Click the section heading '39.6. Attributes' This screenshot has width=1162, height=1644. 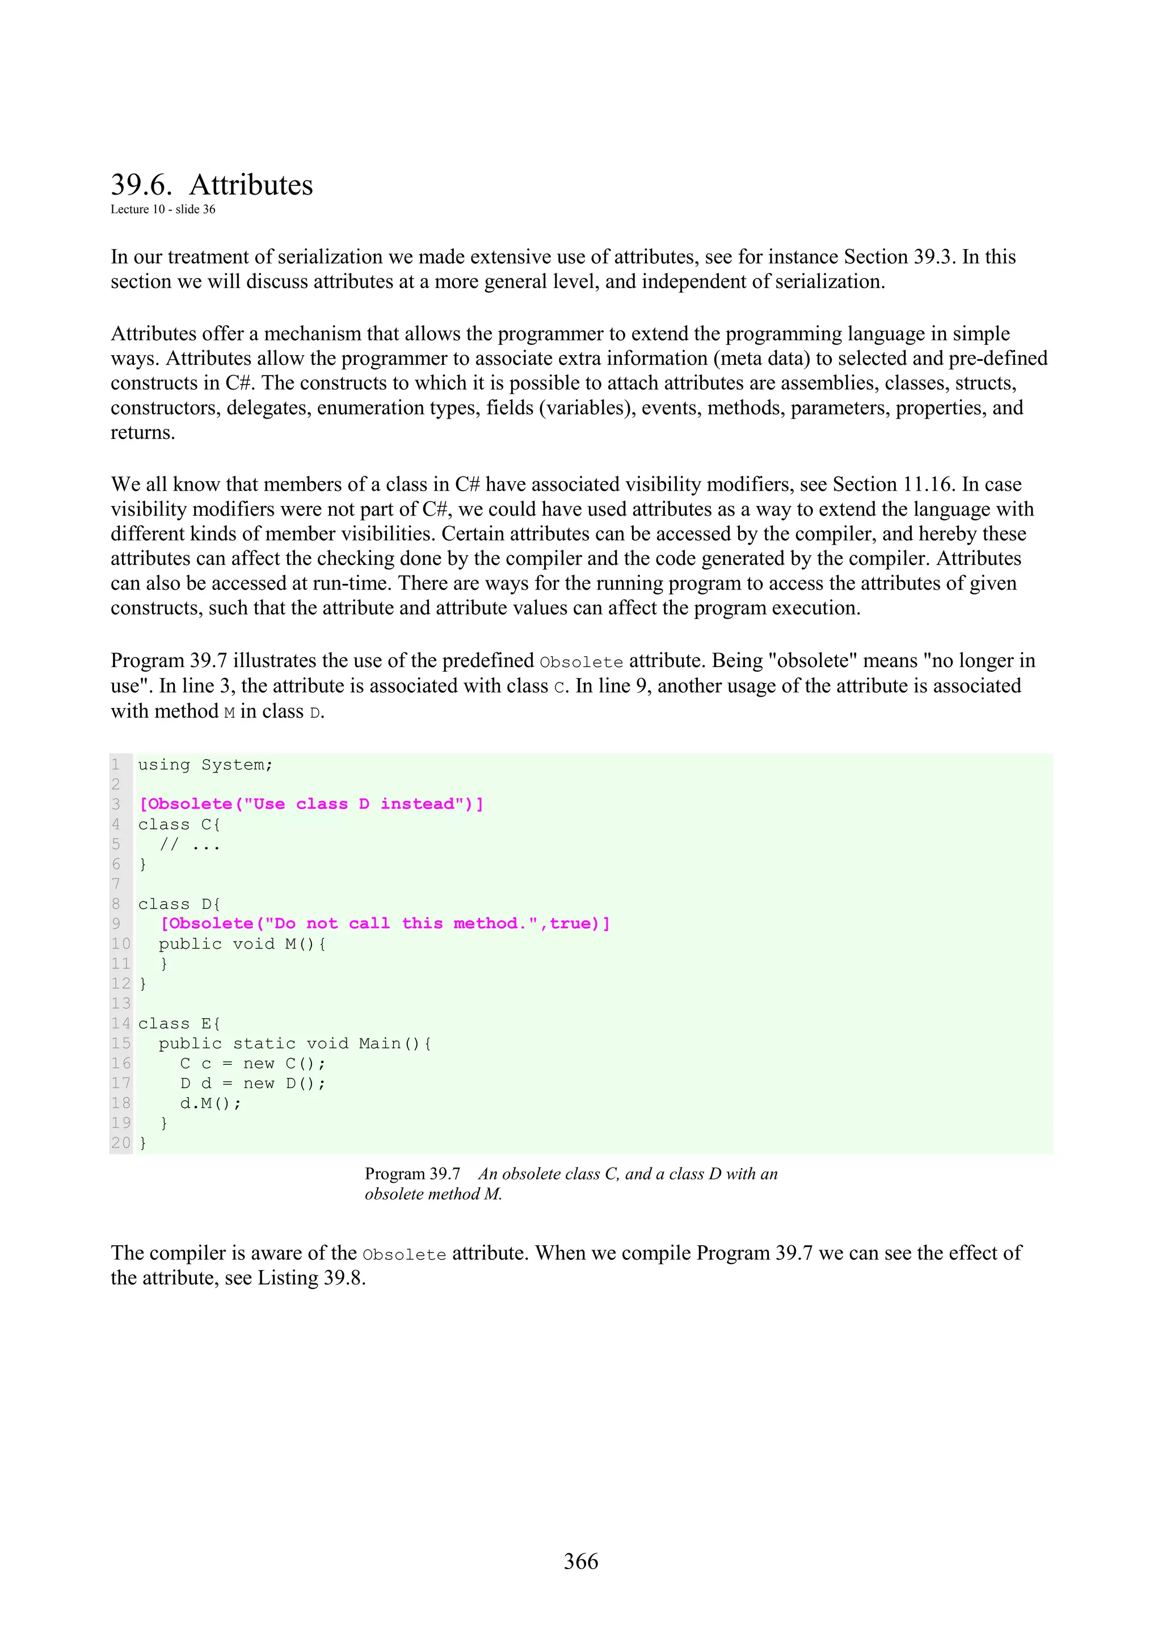tap(212, 185)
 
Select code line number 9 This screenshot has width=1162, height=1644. tap(116, 924)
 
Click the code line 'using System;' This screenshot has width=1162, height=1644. tap(205, 765)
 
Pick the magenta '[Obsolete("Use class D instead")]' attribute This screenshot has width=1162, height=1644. tap(311, 804)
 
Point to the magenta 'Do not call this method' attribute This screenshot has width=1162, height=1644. tap(385, 924)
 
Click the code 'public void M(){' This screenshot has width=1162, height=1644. tap(243, 944)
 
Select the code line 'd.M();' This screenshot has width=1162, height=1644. tap(210, 1103)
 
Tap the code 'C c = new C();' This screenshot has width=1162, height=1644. tap(252, 1063)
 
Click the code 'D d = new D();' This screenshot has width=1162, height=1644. tap(252, 1084)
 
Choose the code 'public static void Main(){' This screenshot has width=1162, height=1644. tap(295, 1043)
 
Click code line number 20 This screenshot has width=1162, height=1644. tap(121, 1143)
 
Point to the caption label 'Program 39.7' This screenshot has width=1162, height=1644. tap(412, 1174)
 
